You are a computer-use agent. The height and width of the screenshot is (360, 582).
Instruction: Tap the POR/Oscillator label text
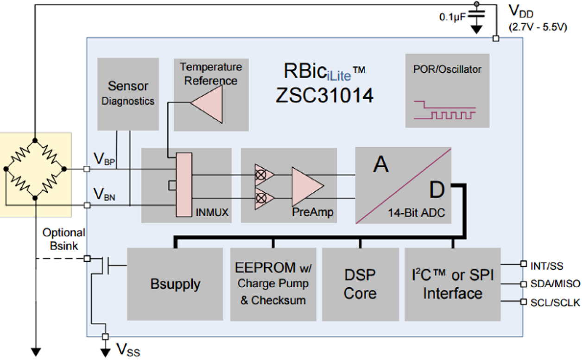tap(447, 69)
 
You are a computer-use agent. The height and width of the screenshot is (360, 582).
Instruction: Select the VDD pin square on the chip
tap(495, 38)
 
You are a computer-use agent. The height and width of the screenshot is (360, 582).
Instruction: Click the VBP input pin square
tap(87, 169)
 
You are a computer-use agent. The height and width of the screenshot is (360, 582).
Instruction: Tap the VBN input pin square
tap(87, 205)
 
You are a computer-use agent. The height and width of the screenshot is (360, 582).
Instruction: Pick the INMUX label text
tap(212, 213)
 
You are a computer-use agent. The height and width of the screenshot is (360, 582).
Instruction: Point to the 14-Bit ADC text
tap(416, 213)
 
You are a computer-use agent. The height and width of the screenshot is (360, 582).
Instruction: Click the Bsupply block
tap(175, 284)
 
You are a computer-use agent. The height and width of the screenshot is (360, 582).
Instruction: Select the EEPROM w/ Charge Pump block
tap(273, 284)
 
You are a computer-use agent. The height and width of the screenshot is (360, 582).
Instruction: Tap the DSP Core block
tap(360, 284)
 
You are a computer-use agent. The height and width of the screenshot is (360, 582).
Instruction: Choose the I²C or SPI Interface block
tap(452, 284)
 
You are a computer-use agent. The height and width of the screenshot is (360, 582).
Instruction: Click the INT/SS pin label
tap(547, 266)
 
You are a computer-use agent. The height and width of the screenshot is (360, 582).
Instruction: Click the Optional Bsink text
tap(64, 239)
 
